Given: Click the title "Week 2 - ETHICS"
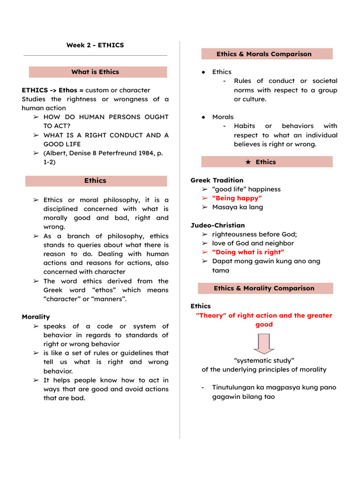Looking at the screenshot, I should [95, 45].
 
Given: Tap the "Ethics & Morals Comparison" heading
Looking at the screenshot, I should [264, 54].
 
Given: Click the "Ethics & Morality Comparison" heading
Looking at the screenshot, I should [264, 288].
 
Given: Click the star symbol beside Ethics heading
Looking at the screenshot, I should [248, 162].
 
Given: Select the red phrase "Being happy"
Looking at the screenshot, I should [237, 198].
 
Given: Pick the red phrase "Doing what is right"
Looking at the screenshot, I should [248, 252].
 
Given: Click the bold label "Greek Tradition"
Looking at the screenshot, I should [217, 180].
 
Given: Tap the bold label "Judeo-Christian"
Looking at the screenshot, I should [217, 225].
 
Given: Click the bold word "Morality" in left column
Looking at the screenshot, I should [36, 317].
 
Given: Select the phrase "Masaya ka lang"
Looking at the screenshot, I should [237, 207].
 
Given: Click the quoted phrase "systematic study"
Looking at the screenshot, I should [264, 360].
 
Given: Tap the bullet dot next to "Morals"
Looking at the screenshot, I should [203, 117].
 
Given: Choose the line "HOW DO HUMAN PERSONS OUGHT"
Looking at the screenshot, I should [106, 117].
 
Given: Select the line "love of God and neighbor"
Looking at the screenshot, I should [253, 243].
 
